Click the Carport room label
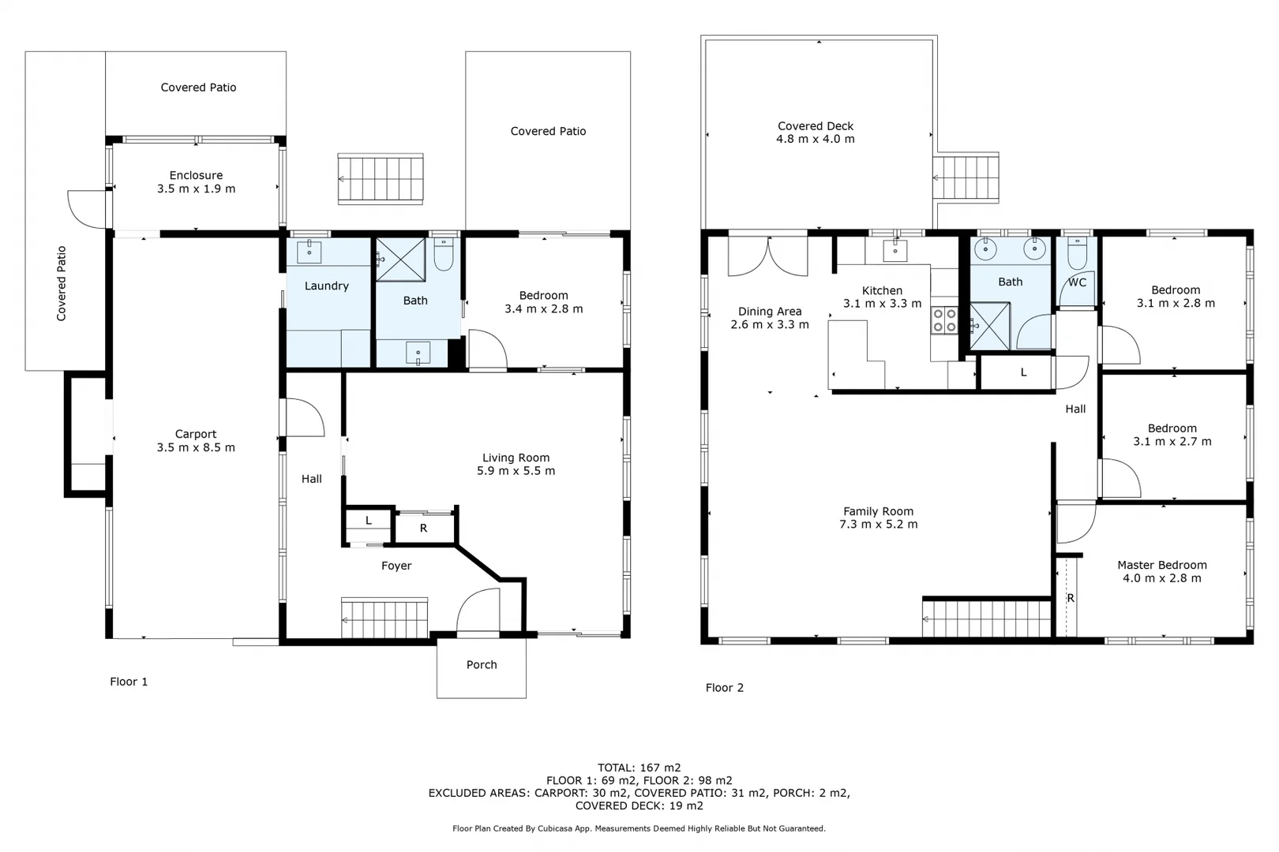point(196,434)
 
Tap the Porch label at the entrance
point(482,665)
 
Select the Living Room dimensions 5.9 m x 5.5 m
point(516,471)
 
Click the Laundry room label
point(326,286)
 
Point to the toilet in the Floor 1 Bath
point(444,255)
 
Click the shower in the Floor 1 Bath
point(400,260)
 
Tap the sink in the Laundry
point(309,252)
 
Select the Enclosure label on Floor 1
point(196,175)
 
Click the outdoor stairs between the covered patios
point(381,179)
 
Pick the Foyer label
point(396,566)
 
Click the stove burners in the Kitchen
point(945,320)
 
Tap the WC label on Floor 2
point(1077,282)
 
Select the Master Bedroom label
point(1161,565)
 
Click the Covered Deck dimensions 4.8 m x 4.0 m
point(815,139)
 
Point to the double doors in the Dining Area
point(767,256)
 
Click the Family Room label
point(878,511)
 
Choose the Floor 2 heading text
point(724,688)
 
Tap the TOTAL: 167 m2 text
point(639,768)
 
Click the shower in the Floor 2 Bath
point(989,327)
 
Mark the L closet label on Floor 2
point(1023,372)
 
